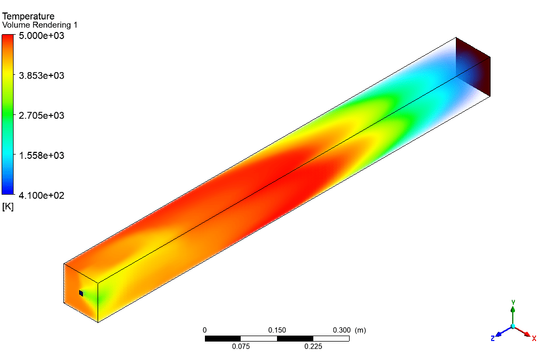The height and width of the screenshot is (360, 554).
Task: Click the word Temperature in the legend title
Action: (28, 16)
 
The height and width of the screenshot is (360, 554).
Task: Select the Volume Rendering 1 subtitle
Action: (40, 25)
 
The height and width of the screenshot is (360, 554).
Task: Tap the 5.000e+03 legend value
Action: (42, 36)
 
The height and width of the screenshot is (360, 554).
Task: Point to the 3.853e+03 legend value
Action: (42, 75)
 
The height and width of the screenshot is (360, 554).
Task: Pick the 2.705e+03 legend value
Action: (42, 115)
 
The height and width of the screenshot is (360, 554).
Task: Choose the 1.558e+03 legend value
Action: (42, 156)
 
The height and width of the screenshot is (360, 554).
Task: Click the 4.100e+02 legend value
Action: (42, 195)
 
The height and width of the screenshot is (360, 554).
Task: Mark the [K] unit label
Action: (8, 207)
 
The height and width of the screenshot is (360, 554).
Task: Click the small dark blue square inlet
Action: (81, 293)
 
